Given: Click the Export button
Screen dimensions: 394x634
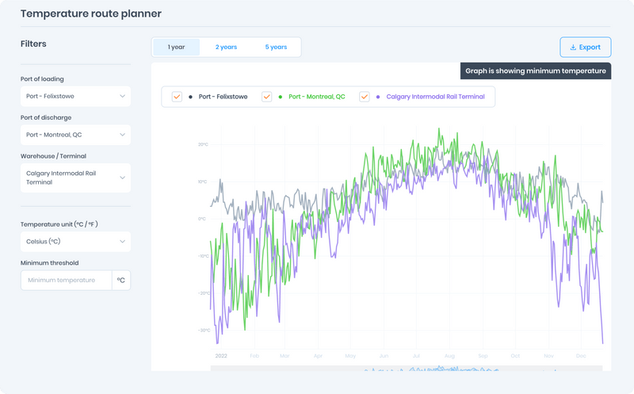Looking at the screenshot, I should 585,47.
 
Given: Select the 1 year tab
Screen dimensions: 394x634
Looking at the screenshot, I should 176,47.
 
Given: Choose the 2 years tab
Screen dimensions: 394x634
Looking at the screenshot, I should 226,47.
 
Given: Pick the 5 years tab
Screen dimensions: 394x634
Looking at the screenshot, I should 276,47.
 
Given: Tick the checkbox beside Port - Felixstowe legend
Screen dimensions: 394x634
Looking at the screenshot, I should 178,97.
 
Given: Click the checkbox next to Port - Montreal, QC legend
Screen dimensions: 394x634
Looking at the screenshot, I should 267,97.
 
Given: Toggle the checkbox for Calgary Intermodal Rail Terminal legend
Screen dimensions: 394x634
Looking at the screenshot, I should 365,97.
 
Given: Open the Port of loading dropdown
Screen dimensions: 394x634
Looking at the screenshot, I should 75,96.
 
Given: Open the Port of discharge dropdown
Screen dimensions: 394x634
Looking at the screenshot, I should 75,135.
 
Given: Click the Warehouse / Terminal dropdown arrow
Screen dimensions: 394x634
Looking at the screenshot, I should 122,178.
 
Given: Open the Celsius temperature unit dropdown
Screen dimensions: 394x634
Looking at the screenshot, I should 75,241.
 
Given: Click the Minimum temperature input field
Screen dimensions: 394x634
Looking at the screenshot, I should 66,280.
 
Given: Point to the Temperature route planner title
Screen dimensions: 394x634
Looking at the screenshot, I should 90,13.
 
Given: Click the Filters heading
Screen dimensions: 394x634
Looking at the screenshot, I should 33,44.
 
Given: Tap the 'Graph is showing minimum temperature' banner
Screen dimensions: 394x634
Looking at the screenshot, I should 536,71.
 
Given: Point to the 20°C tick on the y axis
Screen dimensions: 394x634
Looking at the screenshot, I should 203,145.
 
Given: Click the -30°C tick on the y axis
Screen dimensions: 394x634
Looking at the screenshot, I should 203,330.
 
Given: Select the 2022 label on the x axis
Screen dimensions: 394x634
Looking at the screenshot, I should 221,356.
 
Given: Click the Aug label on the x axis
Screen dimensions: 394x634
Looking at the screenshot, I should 450,356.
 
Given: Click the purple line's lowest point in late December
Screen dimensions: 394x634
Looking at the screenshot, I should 603,343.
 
